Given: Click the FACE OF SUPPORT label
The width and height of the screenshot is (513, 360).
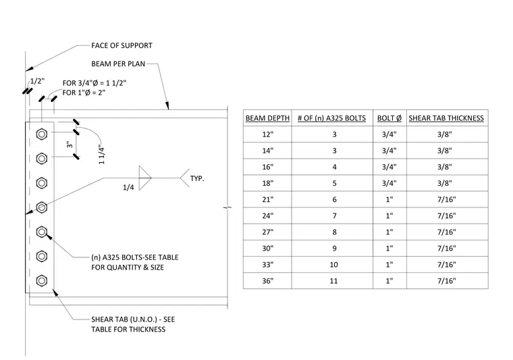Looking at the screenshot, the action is coord(122,45).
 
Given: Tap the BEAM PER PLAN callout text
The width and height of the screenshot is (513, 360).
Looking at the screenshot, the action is coord(118,63).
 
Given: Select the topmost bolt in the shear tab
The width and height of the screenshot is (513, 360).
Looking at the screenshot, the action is coord(42,134).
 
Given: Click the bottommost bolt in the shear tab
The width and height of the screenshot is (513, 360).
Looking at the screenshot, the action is coord(42,281).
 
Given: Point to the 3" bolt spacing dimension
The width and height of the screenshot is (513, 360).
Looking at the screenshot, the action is coord(70,145).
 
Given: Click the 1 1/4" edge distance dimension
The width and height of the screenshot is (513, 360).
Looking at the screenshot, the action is coord(101,155).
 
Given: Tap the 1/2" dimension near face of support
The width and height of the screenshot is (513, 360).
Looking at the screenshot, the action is coord(37,81).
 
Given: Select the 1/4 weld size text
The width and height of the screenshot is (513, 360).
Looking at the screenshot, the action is coord(128,188).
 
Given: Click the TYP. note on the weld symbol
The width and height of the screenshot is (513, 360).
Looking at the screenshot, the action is coord(197,179).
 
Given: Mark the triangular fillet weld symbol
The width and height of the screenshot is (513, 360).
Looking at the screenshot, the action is coord(145,178).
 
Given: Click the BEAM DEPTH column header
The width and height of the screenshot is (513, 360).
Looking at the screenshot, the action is coord(267,118).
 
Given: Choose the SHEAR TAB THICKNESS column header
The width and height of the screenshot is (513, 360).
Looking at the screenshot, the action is coord(446,118).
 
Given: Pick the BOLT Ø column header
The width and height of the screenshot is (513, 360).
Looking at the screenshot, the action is coord(389,118).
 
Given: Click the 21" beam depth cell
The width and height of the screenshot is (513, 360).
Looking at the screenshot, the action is coord(267,199).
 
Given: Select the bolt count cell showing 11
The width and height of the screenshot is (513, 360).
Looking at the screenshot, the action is coord(333,281).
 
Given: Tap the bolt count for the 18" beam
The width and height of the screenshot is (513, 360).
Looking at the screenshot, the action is coord(334,183).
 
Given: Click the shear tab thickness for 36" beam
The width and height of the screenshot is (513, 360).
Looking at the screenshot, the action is coord(447,281).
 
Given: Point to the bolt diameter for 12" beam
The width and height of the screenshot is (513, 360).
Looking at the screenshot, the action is coord(389,134).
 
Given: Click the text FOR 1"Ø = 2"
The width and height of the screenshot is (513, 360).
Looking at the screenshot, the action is coord(84,93).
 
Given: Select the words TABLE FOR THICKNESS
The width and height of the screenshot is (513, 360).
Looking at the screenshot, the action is coord(128,329).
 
